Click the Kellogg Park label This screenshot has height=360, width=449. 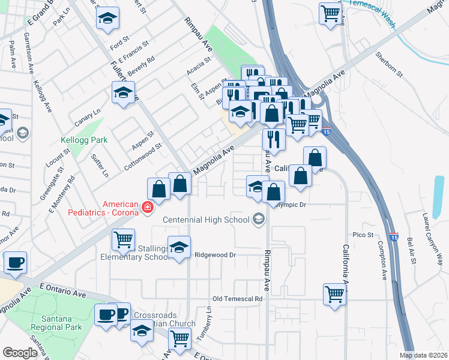pos(84,140)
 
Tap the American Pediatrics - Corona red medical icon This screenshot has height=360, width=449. pos(147,208)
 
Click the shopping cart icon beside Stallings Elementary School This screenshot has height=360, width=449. pos(123,239)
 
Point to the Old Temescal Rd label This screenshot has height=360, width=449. pos(238,299)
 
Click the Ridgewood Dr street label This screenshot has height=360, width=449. pos(215,255)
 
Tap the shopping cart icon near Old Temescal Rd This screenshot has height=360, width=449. pos(334,293)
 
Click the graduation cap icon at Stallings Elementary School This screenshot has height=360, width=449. pos(179,247)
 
